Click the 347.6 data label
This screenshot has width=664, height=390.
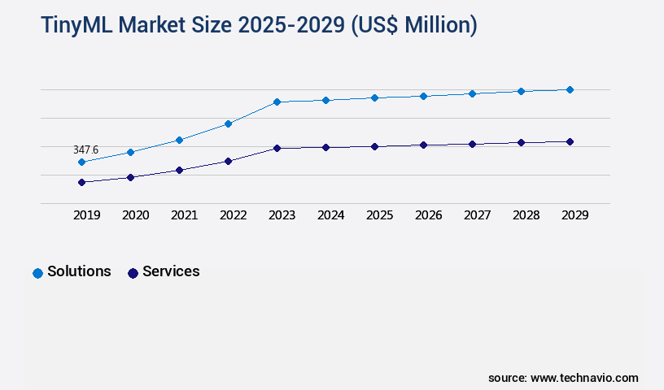pyautogui.click(x=85, y=149)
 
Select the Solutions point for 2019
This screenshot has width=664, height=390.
pyautogui.click(x=81, y=162)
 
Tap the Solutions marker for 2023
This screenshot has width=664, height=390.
pyautogui.click(x=277, y=102)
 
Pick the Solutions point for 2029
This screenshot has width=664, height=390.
pyautogui.click(x=570, y=89)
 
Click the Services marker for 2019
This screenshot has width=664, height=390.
pyautogui.click(x=81, y=182)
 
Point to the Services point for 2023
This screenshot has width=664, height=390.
pyautogui.click(x=277, y=148)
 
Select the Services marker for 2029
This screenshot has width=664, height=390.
pyautogui.click(x=570, y=141)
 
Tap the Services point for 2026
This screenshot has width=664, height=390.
pyautogui.click(x=423, y=145)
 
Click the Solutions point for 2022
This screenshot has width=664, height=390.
pyautogui.click(x=228, y=123)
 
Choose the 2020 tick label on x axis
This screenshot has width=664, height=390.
pyautogui.click(x=135, y=215)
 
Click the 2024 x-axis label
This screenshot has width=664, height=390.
pyautogui.click(x=330, y=215)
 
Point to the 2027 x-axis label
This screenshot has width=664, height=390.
pyautogui.click(x=477, y=215)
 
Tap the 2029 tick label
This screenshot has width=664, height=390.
pyautogui.click(x=574, y=215)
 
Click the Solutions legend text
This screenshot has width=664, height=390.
pyautogui.click(x=79, y=271)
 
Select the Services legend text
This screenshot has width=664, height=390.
pyautogui.click(x=171, y=271)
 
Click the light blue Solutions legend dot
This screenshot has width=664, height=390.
pyautogui.click(x=37, y=273)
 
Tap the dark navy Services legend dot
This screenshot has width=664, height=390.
pyautogui.click(x=133, y=273)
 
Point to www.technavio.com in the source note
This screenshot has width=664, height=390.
pyautogui.click(x=584, y=378)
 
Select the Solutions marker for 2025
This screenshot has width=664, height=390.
pyautogui.click(x=374, y=97)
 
